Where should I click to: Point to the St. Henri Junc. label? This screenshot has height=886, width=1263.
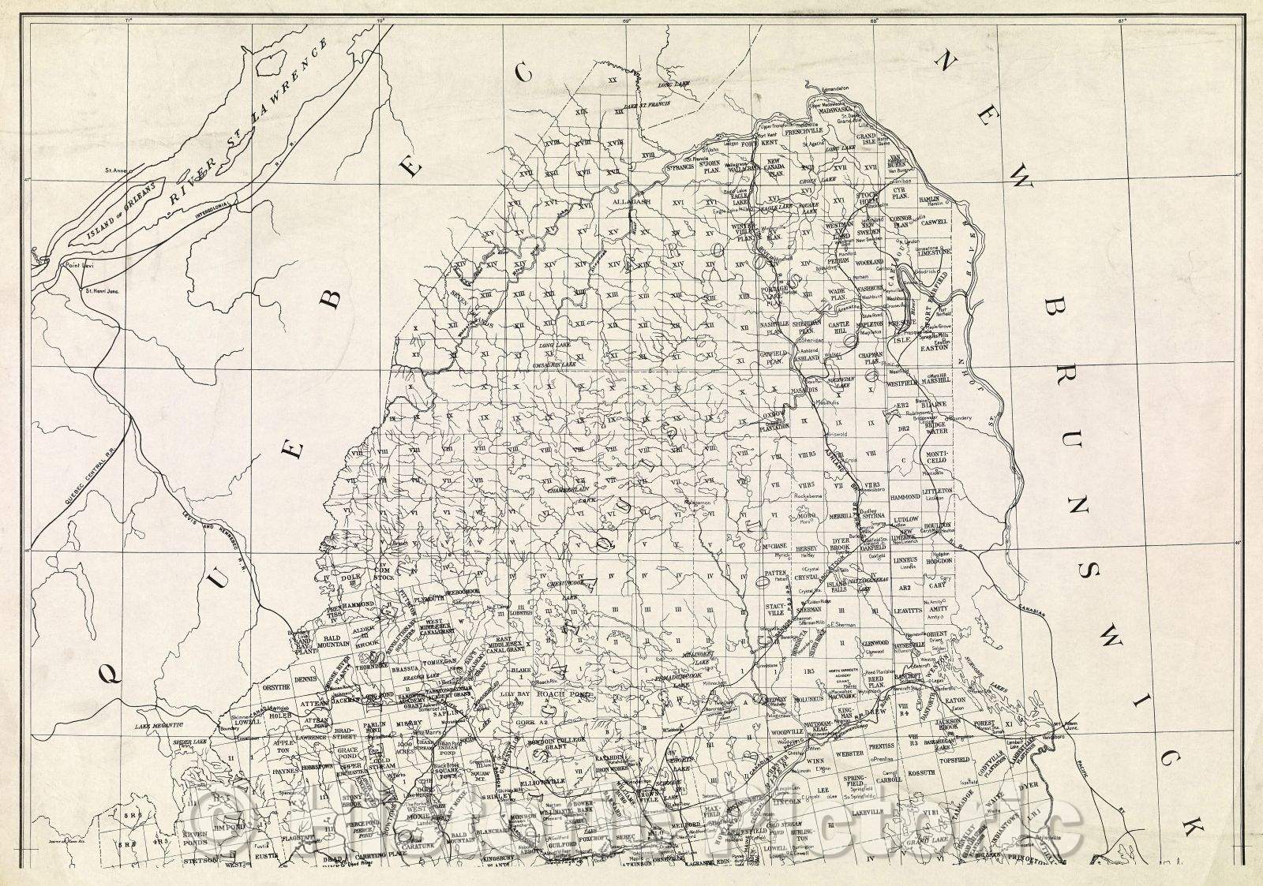pyautogui.click(x=100, y=290)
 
